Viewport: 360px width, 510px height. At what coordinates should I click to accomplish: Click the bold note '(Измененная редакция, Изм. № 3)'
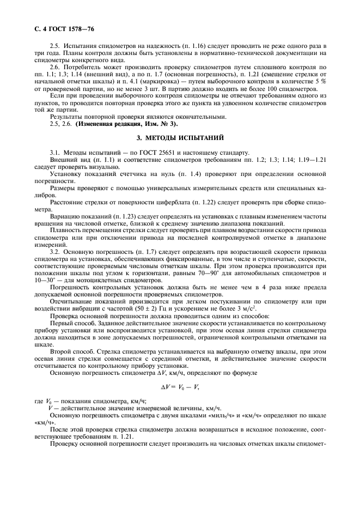[x=119, y=123]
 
